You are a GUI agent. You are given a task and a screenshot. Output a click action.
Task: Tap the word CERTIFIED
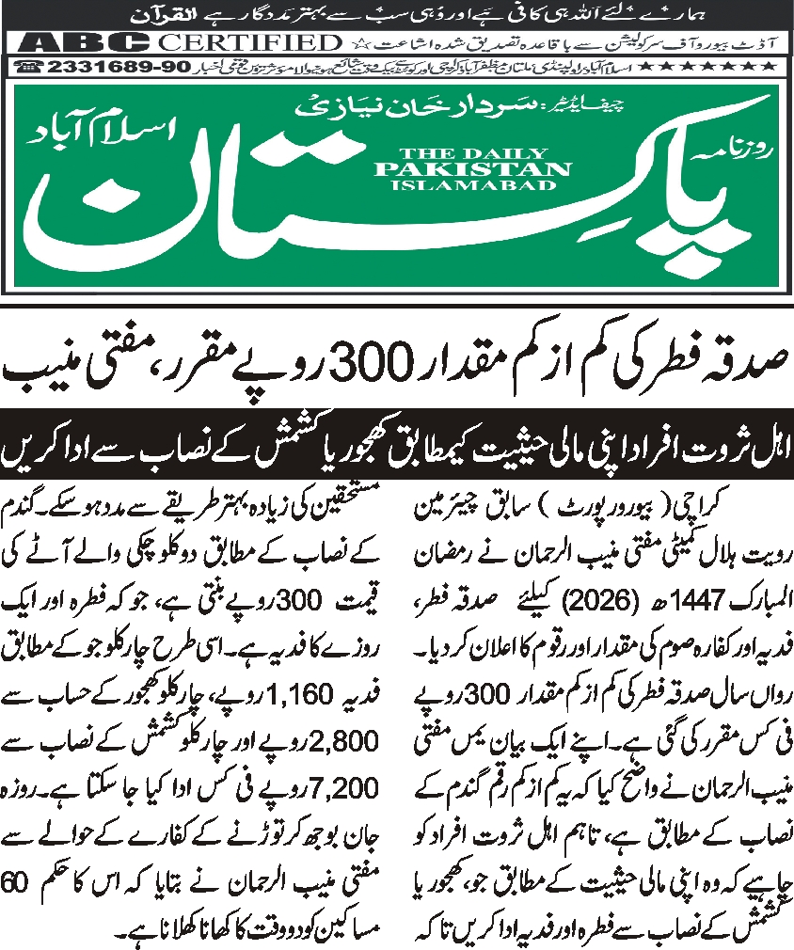tap(249, 43)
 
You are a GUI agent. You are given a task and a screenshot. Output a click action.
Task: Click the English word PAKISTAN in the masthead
tap(471, 168)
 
